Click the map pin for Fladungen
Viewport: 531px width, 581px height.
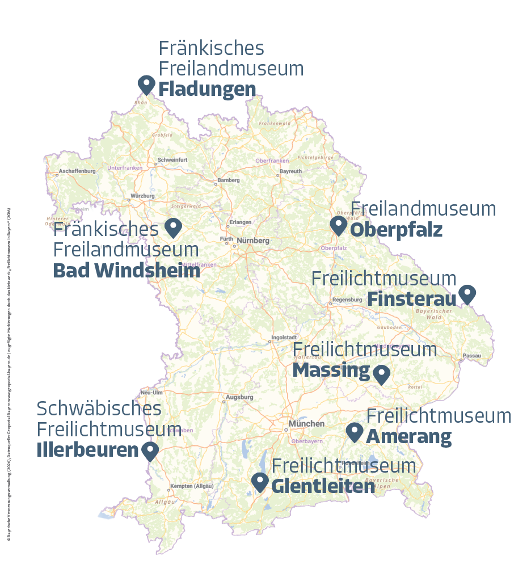tap(146, 85)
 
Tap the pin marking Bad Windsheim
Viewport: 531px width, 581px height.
tap(172, 228)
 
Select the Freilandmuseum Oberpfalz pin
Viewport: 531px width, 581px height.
tap(339, 225)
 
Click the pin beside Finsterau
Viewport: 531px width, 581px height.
tap(467, 294)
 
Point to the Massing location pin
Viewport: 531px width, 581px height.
tap(381, 374)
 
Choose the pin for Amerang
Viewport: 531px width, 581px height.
tap(355, 432)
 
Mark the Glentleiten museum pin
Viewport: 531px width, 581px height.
tap(260, 482)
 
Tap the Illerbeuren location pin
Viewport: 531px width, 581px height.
tap(150, 451)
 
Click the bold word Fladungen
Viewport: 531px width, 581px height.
tap(207, 89)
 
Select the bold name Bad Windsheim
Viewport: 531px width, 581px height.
tap(127, 271)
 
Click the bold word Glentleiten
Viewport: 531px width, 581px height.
tap(323, 486)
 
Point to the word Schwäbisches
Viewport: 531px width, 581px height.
tap(99, 408)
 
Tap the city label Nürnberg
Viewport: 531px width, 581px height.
tap(253, 241)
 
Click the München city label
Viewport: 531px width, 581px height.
tap(306, 424)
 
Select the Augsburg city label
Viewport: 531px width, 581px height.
tap(239, 397)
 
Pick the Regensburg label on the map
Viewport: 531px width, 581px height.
tap(347, 300)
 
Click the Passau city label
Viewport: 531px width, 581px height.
tap(472, 356)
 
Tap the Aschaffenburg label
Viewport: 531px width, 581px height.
tap(77, 170)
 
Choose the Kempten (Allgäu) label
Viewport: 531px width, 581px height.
tap(192, 487)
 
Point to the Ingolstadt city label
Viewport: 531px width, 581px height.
tap(284, 338)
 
